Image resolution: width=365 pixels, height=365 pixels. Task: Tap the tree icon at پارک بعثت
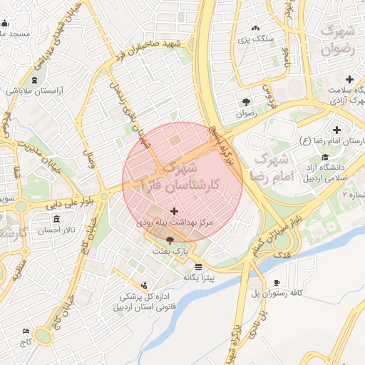point(169,242)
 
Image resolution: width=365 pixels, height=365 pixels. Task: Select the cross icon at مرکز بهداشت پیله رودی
point(175,212)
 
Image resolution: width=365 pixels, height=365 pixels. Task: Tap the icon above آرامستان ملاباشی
point(35,79)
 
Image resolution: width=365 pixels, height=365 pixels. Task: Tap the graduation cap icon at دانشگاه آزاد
point(325,158)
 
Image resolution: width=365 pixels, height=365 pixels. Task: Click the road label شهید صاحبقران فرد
point(152,51)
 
